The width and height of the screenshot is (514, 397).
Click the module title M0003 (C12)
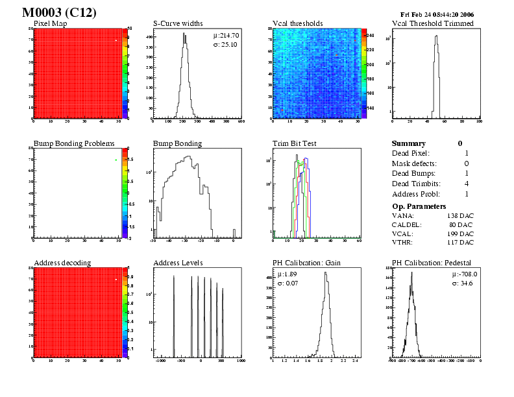59,13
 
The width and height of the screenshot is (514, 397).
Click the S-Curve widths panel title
180,23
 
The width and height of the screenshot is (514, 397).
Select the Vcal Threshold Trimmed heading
433,23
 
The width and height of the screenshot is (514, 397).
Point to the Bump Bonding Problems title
74,143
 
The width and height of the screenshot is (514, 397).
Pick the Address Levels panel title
178,262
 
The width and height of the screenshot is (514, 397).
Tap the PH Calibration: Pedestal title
433,262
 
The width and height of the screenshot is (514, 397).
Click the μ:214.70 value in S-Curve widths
226,36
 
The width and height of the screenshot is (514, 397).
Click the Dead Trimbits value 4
467,184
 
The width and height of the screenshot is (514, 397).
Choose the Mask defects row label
414,163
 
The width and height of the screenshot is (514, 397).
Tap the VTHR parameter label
403,242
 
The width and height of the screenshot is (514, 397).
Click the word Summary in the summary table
409,143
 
